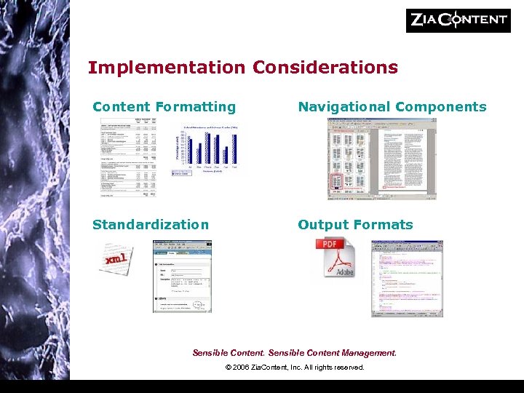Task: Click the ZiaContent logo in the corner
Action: click(x=458, y=20)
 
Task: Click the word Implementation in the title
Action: click(x=167, y=68)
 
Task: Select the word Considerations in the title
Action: click(x=325, y=68)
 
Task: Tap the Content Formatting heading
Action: click(x=164, y=107)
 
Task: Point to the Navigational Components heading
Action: click(x=392, y=107)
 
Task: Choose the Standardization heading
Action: click(x=151, y=225)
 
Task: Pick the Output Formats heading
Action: click(x=355, y=225)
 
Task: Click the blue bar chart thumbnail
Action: click(x=210, y=150)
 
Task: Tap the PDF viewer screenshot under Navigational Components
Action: click(x=377, y=159)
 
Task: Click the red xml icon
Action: click(x=116, y=259)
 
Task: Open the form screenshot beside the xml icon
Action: click(x=182, y=277)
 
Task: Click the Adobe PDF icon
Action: click(x=335, y=258)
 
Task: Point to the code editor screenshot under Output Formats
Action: click(x=407, y=278)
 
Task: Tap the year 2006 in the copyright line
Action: click(x=242, y=368)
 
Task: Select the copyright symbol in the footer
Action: click(x=229, y=368)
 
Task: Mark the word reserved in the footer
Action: click(x=348, y=368)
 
